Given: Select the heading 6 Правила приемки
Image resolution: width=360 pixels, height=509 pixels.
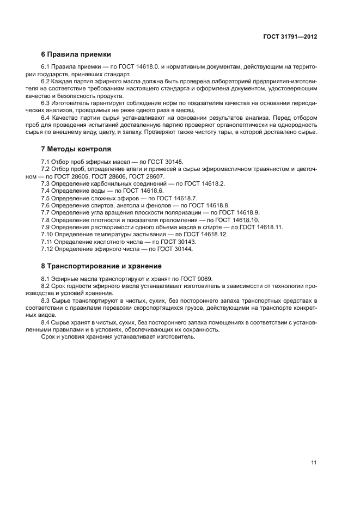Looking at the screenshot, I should [x=76, y=54].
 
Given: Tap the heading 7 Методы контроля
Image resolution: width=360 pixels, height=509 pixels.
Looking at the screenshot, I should [x=76, y=149].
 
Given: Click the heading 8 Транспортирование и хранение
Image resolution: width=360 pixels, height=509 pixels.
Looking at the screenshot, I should [x=101, y=266].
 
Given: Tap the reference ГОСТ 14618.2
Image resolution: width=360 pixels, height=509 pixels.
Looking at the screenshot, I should [x=204, y=184].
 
